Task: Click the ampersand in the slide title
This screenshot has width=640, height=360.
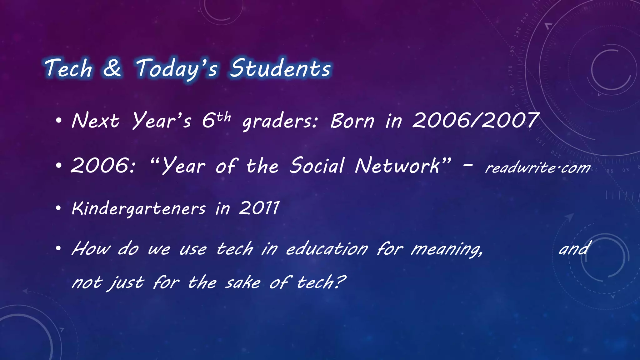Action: pos(112,68)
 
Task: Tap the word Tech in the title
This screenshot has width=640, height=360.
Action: pos(68,68)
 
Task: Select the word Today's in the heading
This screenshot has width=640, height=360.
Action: pos(177,68)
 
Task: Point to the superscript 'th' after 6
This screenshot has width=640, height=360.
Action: pos(224,117)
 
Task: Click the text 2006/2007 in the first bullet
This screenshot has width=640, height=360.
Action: pos(476,121)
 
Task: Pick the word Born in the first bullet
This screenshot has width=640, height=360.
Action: pos(352,121)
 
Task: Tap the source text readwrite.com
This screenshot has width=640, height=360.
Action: pos(537,168)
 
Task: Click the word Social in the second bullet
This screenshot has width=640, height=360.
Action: pos(317,166)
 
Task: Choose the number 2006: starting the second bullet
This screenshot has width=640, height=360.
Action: pos(103,166)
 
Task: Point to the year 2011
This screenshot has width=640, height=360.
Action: pos(259,208)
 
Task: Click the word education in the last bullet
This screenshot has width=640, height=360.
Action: pos(327,249)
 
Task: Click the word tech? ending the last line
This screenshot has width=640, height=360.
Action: pos(321,282)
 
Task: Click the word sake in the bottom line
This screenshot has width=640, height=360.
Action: pos(243,282)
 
